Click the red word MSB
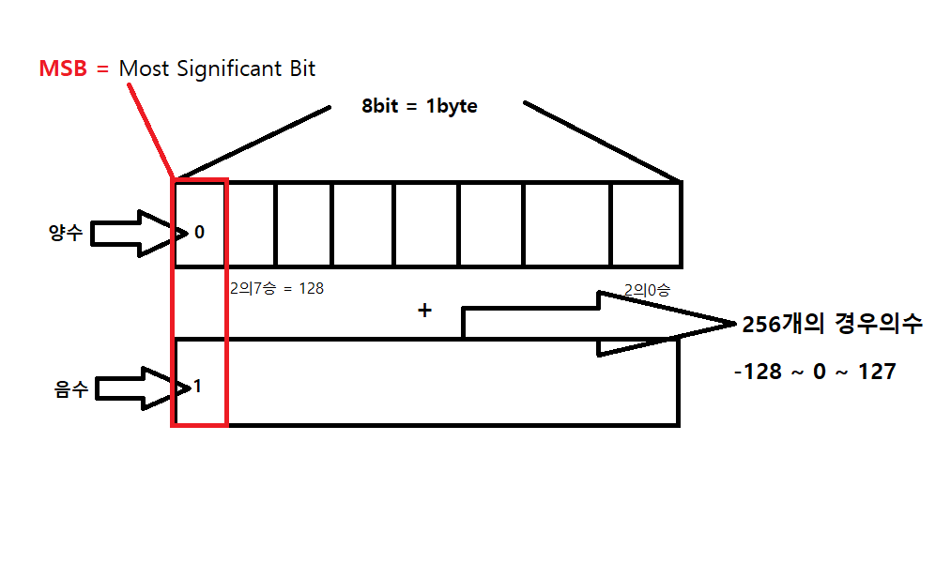(x=64, y=68)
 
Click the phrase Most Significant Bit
(x=217, y=68)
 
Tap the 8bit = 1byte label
(x=420, y=106)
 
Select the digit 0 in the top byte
(x=199, y=232)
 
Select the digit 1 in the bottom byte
(x=198, y=386)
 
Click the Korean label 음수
(x=71, y=388)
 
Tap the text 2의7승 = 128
(x=276, y=289)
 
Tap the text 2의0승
(x=647, y=291)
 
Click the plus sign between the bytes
(x=424, y=311)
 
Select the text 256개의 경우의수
(x=832, y=325)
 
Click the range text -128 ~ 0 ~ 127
(x=815, y=372)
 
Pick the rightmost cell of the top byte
(x=646, y=224)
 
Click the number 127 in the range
(x=876, y=372)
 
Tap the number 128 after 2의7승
(x=311, y=289)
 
